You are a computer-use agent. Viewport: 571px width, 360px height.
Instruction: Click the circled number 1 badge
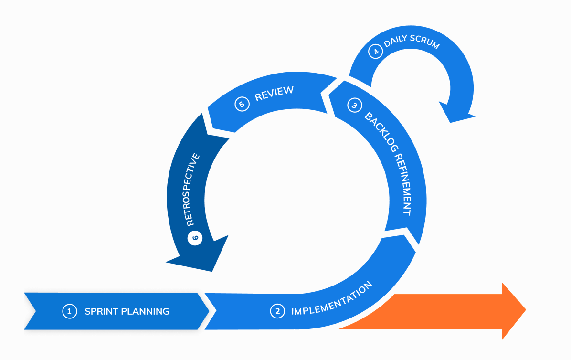[x=69, y=311]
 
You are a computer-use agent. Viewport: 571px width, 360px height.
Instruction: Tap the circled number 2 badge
[x=277, y=311]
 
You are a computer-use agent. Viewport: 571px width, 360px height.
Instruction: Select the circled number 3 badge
[x=354, y=106]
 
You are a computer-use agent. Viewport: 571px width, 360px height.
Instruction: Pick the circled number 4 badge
[x=376, y=52]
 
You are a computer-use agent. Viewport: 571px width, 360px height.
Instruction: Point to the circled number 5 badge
[x=242, y=104]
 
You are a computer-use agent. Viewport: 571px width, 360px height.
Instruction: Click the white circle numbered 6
[x=195, y=237]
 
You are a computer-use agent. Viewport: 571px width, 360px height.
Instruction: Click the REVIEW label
[x=274, y=93]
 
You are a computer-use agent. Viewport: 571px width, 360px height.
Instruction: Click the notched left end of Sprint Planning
[x=32, y=311]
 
